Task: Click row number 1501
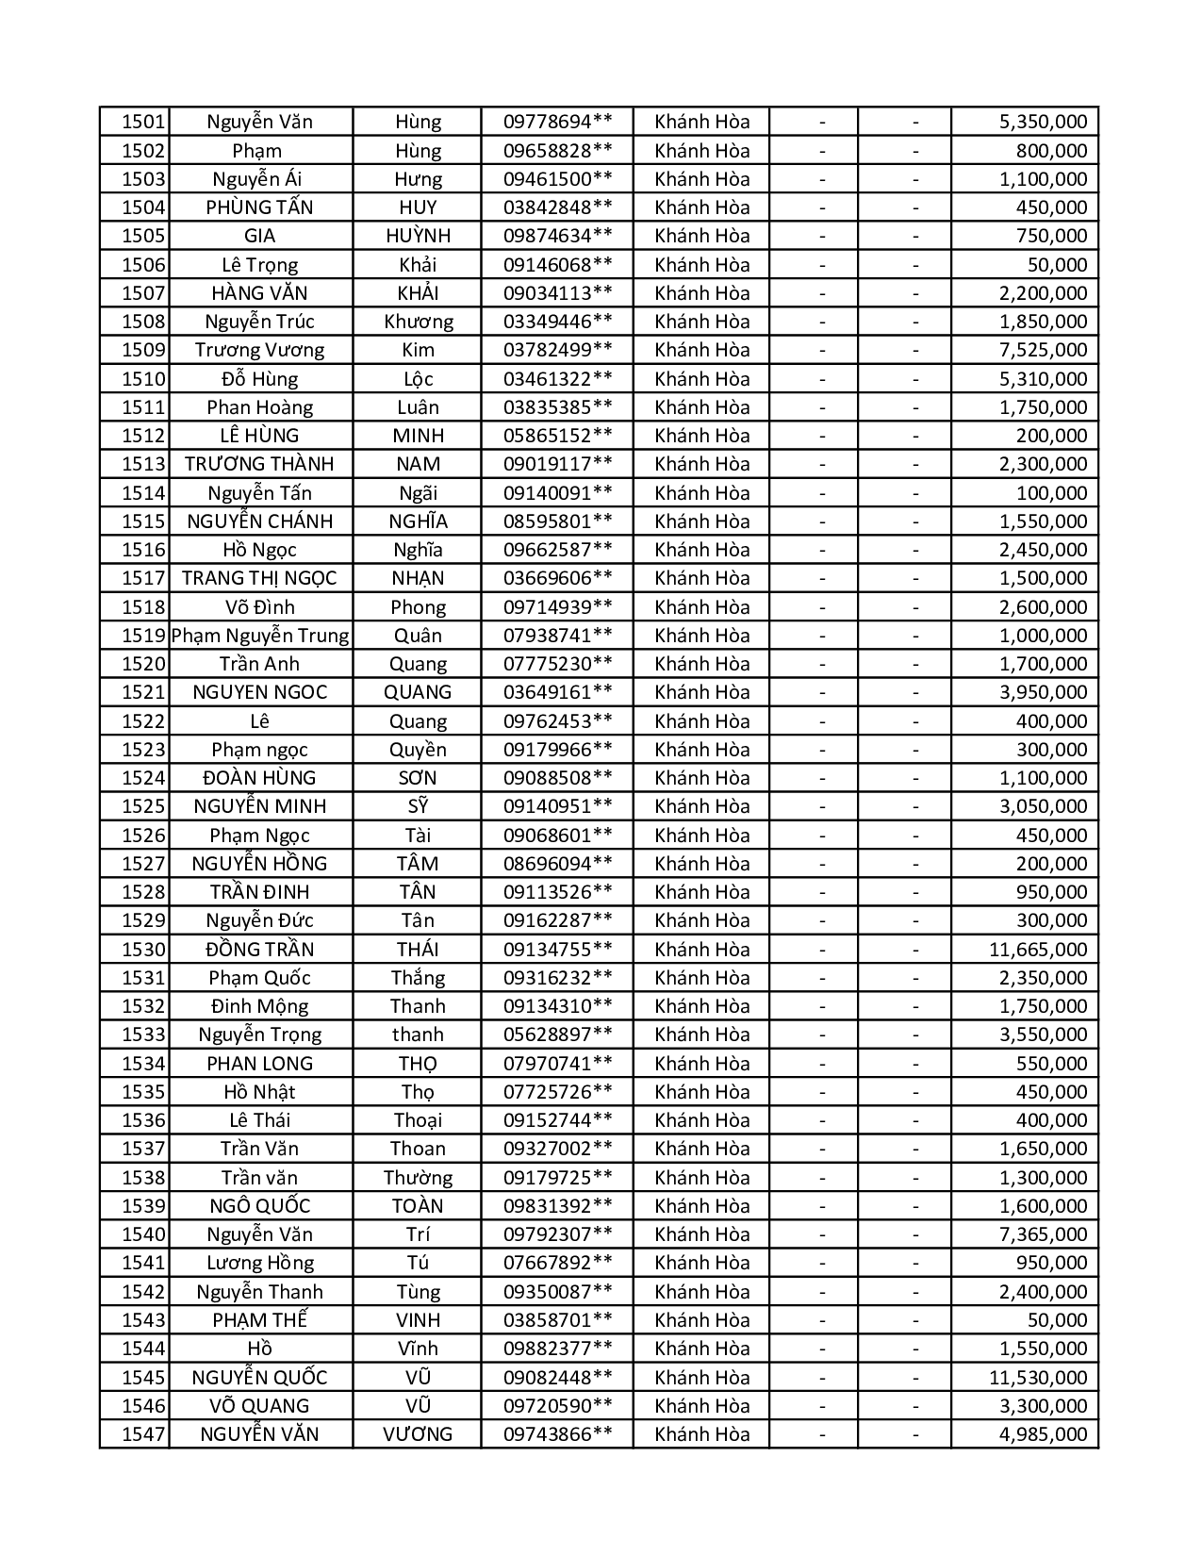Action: click(143, 122)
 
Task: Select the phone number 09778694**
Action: click(557, 122)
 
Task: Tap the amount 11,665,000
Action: click(1037, 950)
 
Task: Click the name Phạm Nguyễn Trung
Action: click(260, 636)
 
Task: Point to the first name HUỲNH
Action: click(418, 236)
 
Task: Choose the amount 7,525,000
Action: click(1043, 350)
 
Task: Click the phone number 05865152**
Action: click(557, 436)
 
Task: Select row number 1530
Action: click(143, 950)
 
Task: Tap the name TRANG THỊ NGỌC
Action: click(259, 578)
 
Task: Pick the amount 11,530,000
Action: click(1037, 1378)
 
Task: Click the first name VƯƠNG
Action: click(418, 1434)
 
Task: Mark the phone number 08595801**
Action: click(557, 521)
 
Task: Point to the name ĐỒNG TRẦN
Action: click(260, 950)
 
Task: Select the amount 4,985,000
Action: click(1043, 1434)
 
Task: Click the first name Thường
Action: click(418, 1178)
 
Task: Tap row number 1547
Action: click(143, 1434)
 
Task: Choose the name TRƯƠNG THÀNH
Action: click(259, 464)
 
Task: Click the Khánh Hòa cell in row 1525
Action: click(701, 806)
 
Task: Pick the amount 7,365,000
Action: click(1043, 1234)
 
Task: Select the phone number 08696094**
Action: click(557, 864)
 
